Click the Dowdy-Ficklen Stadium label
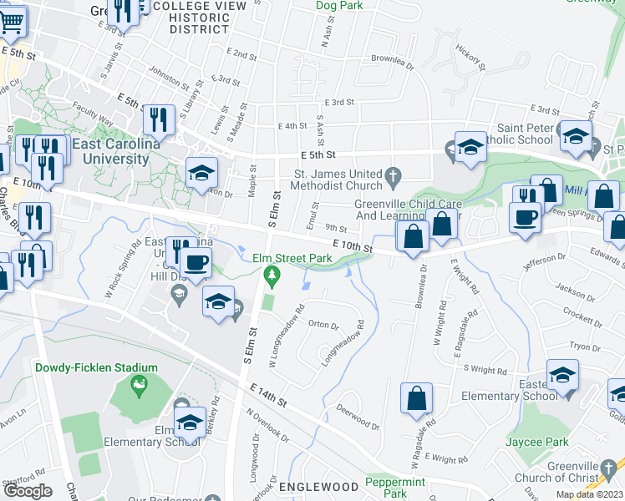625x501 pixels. coord(96,367)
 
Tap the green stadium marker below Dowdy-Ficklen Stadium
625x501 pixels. coord(140,386)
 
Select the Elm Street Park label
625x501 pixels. coord(287,258)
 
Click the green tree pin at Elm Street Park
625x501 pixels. coord(270,274)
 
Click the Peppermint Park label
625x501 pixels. coord(396,488)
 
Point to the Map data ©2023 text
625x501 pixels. coord(590,494)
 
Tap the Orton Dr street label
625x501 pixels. coord(323,324)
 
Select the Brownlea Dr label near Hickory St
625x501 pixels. coord(393,60)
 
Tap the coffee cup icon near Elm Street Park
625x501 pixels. coord(196,262)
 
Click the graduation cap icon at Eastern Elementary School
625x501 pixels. coord(562,375)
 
